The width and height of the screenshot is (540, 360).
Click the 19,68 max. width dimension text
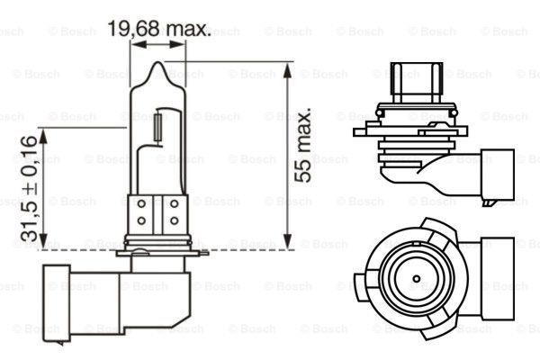[x=159, y=30]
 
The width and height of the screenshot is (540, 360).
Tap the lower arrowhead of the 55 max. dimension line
[x=286, y=243]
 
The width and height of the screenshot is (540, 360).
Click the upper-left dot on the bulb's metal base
[x=142, y=206]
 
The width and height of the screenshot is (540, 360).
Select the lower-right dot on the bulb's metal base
[x=173, y=221]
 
